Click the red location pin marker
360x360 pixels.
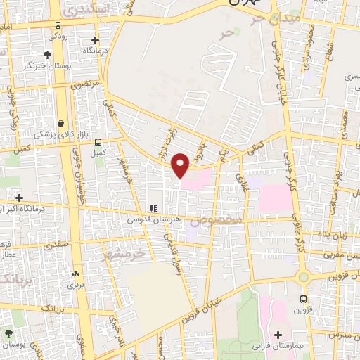coord(181,165)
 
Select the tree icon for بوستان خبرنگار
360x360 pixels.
coord(47,54)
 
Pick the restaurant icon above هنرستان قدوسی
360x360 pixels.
coord(153,208)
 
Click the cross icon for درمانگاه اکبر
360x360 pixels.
coord(19,198)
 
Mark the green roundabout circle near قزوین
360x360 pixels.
coord(304,278)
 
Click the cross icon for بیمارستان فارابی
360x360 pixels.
coord(278,335)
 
